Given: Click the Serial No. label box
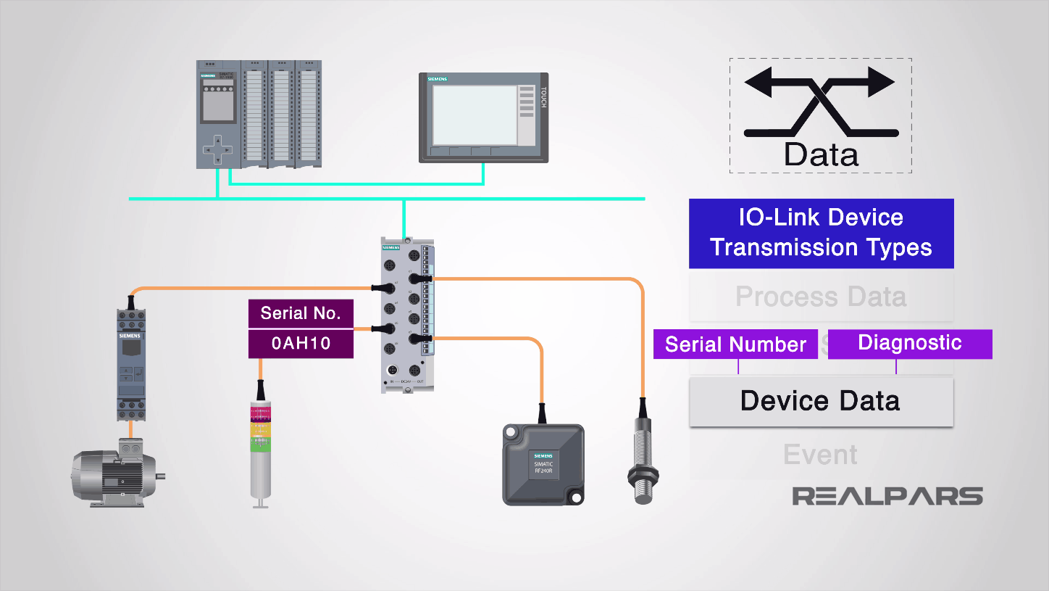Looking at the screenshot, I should pyautogui.click(x=301, y=314).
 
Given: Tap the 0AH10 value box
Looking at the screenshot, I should pyautogui.click(x=301, y=344).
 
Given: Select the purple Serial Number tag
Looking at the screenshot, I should pyautogui.click(x=735, y=344).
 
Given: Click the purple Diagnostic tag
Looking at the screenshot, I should pyautogui.click(x=909, y=343).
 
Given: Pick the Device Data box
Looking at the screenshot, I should pyautogui.click(x=820, y=401).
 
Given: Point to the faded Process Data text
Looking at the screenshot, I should pyautogui.click(x=820, y=297).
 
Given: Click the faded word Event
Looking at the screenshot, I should pyautogui.click(x=820, y=455).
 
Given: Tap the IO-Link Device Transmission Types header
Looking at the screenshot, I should pyautogui.click(x=820, y=233).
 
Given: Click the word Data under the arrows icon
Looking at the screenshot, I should pyautogui.click(x=821, y=154).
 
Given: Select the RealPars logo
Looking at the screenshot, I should pyautogui.click(x=887, y=496).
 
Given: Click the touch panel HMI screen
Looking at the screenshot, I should pyautogui.click(x=475, y=116).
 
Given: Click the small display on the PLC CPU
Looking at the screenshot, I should pyautogui.click(x=217, y=105).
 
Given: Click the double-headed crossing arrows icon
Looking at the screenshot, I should pyautogui.click(x=821, y=102).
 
